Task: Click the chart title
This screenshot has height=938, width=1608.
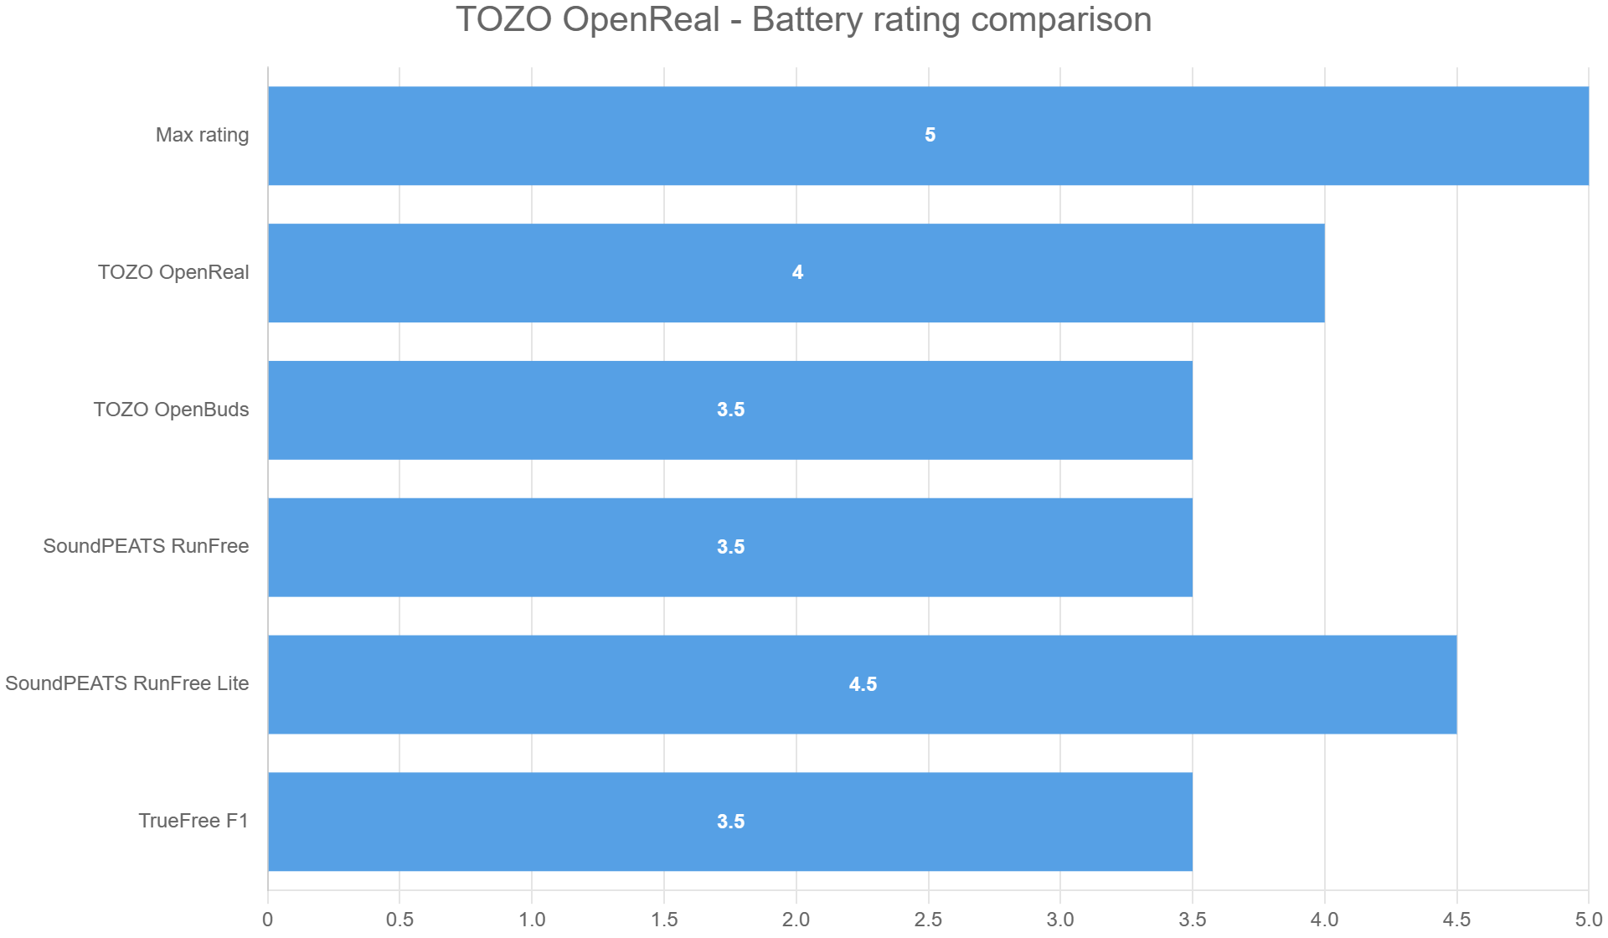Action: point(803,19)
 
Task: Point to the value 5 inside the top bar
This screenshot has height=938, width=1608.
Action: point(930,135)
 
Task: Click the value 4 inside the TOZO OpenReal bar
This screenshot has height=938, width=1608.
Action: point(797,272)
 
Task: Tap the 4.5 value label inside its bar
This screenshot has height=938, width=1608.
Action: point(863,684)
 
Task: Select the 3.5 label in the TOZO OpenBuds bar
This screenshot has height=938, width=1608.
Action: point(730,410)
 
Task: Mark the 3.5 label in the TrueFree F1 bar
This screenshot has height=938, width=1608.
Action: point(730,822)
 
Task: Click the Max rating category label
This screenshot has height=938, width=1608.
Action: point(202,135)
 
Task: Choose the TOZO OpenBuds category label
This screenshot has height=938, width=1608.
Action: point(171,410)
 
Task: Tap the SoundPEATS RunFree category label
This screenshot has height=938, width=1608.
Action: point(146,546)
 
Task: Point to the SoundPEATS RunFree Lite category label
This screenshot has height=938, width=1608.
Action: point(127,683)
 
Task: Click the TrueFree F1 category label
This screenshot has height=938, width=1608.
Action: point(193,821)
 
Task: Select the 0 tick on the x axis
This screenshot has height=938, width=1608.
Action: point(267,920)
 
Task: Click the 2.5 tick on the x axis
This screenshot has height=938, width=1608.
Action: point(928,920)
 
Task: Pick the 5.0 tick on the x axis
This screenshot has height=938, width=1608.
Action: point(1588,920)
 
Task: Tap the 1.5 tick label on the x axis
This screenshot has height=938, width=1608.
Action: point(664,920)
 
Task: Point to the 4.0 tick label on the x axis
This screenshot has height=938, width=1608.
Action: point(1324,920)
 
